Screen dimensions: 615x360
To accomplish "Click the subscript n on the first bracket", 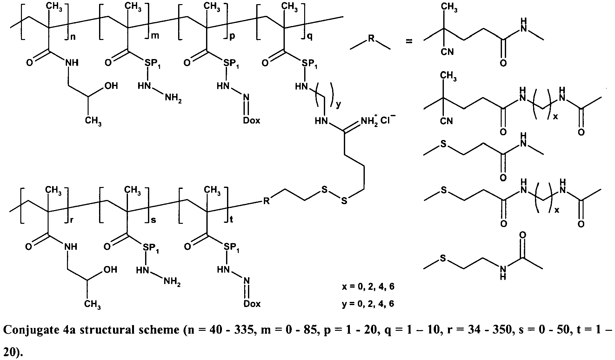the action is [73, 37].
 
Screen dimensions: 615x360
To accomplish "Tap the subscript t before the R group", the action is [231, 219].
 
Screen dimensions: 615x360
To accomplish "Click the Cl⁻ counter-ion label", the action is [388, 120].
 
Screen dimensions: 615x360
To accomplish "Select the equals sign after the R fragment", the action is [409, 41].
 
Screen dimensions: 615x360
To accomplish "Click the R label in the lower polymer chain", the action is [266, 201].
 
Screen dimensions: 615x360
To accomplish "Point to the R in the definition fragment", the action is [371, 39].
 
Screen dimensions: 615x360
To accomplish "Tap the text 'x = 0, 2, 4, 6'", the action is [368, 287].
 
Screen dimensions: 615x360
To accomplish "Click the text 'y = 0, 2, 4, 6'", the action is [368, 303].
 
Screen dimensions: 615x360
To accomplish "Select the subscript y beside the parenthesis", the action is [338, 105].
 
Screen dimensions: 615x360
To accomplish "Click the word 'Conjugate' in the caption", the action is [30, 331].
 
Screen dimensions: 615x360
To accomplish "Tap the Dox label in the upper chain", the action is [252, 121].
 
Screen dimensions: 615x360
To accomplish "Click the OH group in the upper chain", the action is [111, 86].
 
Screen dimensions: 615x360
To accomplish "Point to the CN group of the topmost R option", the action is [447, 51].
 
